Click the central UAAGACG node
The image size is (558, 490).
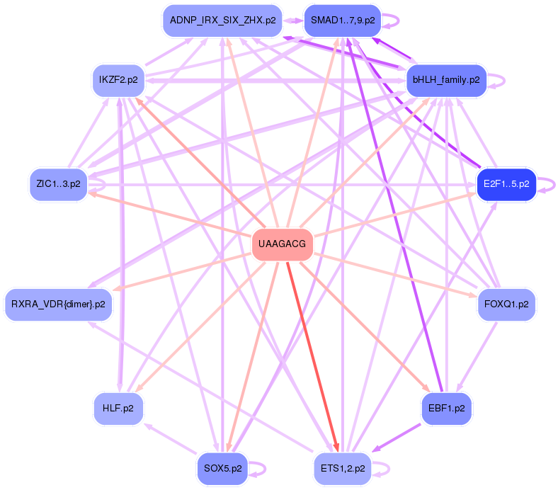tap(282, 244)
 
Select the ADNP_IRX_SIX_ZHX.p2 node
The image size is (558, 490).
tap(222, 21)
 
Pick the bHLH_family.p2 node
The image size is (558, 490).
tap(445, 79)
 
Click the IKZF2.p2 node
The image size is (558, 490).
tap(118, 79)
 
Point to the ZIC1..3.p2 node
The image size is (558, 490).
tap(58, 183)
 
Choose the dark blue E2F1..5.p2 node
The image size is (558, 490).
tap(506, 184)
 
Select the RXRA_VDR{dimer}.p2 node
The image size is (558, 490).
tap(58, 304)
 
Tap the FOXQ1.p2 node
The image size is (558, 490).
tap(506, 304)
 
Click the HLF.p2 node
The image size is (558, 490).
tap(118, 409)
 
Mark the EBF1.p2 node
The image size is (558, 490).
tap(445, 409)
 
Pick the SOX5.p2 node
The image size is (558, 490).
tap(222, 468)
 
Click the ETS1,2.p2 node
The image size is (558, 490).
tap(342, 468)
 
